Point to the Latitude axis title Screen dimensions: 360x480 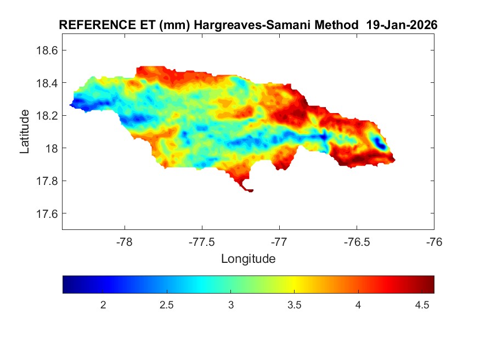[x=25, y=131]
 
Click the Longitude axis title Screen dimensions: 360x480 [x=248, y=258]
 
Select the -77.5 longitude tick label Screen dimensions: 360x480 [x=202, y=241]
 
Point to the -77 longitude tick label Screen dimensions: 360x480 [x=279, y=241]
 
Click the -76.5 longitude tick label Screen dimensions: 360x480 [x=357, y=241]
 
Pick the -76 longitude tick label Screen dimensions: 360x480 [x=434, y=241]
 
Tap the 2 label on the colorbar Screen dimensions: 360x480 [x=103, y=305]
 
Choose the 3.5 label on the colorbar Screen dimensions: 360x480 [x=295, y=305]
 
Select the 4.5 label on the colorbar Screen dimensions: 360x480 [x=422, y=305]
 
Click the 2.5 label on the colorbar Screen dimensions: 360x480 [x=167, y=305]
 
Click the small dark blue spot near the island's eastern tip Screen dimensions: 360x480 [x=380, y=144]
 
